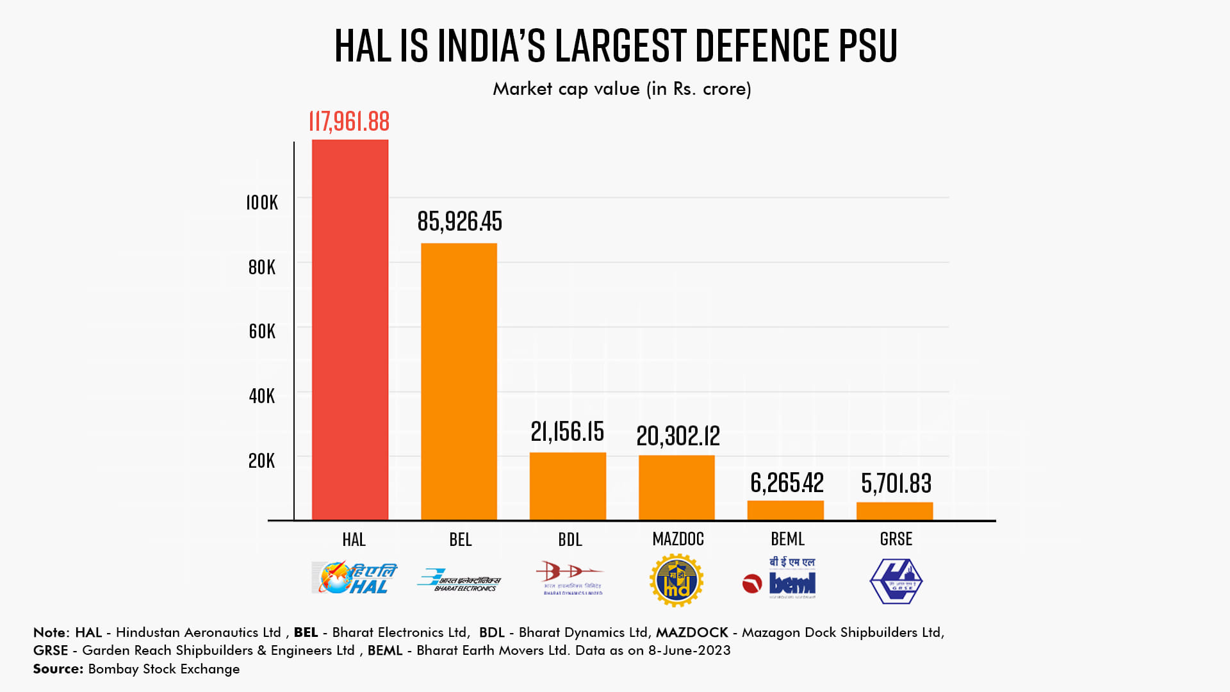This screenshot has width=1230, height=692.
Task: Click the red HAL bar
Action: [350, 329]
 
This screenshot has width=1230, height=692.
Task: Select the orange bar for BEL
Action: [459, 381]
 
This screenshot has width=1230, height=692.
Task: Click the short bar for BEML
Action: [785, 510]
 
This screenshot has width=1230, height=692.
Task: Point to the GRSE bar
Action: [894, 511]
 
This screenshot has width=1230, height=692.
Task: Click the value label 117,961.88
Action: [349, 122]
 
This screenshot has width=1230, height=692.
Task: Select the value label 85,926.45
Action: [459, 222]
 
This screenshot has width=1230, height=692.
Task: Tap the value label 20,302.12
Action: [678, 436]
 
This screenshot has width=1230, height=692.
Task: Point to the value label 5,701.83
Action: [896, 484]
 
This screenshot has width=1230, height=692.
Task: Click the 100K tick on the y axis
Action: [262, 203]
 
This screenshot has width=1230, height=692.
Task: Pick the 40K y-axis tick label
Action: [261, 396]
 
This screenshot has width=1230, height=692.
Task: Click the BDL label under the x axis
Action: [570, 540]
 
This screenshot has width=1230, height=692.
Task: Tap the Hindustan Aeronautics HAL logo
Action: [354, 578]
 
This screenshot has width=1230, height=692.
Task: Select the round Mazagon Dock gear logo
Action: [676, 581]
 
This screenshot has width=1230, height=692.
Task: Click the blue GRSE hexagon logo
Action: [896, 581]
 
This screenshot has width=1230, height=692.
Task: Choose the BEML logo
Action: [780, 579]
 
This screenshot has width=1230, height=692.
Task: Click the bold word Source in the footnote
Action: [58, 669]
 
